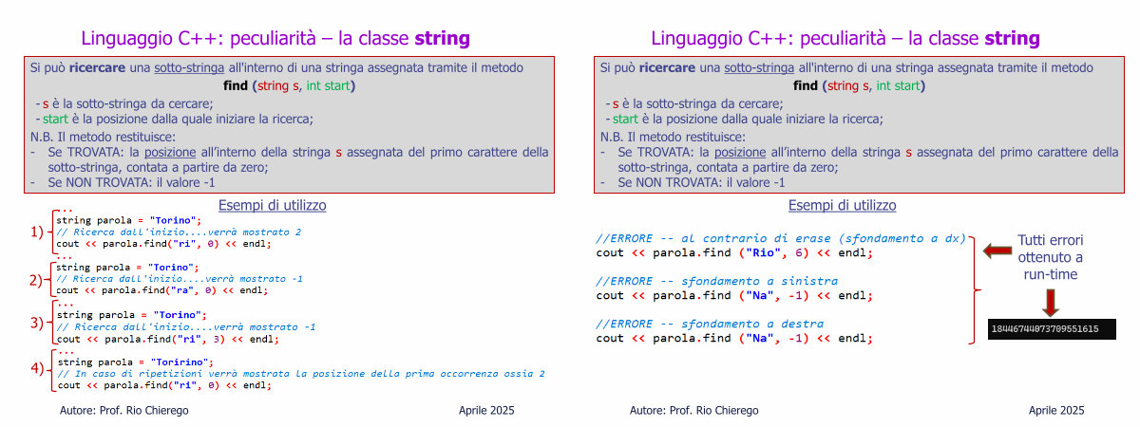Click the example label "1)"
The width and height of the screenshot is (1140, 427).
tap(37, 232)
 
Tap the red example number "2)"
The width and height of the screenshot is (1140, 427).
tap(36, 280)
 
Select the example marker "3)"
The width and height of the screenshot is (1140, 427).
tap(37, 323)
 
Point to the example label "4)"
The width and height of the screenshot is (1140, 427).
tap(37, 367)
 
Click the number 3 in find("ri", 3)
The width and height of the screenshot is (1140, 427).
tap(217, 339)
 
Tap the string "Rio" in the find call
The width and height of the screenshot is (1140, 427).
tap(763, 252)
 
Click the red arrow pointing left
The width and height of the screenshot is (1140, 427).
tap(997, 251)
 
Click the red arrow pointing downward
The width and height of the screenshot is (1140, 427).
tap(1051, 303)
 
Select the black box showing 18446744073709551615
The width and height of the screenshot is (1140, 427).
tap(1052, 329)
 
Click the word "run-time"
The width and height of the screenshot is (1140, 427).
tap(1051, 274)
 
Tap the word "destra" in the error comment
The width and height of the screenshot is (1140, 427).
tap(802, 324)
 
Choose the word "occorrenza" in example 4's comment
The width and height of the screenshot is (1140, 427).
tap(468, 374)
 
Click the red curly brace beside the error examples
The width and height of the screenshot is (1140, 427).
tap(974, 290)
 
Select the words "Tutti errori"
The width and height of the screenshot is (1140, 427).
tap(1051, 240)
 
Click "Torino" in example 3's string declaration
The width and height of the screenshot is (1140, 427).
tap(180, 315)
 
